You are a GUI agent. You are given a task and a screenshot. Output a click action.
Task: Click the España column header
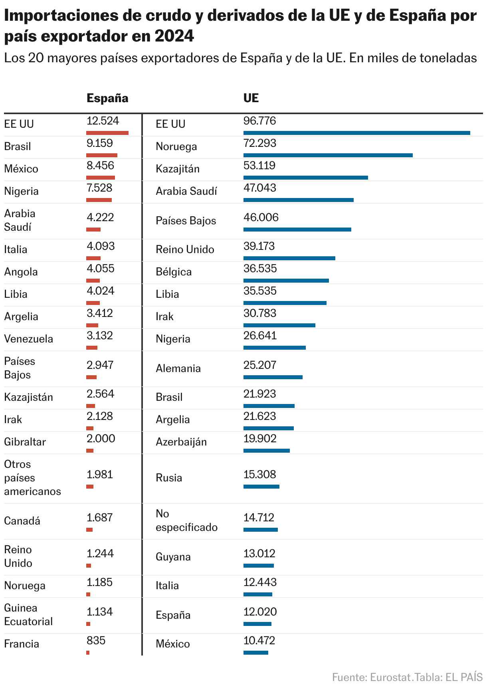(x=107, y=98)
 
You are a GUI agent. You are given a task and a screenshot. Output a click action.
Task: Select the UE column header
(x=251, y=98)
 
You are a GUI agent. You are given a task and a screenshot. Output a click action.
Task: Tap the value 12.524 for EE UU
(x=103, y=121)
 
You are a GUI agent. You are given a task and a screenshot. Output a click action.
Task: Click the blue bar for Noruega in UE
(x=328, y=155)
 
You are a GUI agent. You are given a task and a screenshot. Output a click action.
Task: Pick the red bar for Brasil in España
(x=102, y=155)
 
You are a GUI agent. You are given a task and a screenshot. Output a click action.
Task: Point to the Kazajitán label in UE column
(x=177, y=169)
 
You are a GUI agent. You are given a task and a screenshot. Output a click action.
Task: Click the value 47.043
(x=259, y=188)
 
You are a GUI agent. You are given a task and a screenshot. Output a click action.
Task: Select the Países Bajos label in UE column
(x=186, y=221)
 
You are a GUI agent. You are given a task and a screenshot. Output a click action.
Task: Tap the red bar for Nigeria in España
(x=99, y=200)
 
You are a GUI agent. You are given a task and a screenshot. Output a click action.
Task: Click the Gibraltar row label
(x=25, y=442)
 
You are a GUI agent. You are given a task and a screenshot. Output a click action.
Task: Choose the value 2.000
(x=101, y=439)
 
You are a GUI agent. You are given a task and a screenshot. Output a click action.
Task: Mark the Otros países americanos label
(x=32, y=478)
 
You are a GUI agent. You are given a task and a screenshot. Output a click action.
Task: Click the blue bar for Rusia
(x=261, y=487)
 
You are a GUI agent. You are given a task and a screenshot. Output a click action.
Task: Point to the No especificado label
(x=186, y=521)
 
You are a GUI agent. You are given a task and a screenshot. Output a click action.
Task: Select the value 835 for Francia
(x=96, y=641)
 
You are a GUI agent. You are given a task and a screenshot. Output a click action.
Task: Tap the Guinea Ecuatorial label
(x=28, y=615)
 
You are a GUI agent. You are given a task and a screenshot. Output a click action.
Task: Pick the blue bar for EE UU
(x=356, y=133)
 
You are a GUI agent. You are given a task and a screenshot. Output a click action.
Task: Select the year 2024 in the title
(x=174, y=36)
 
